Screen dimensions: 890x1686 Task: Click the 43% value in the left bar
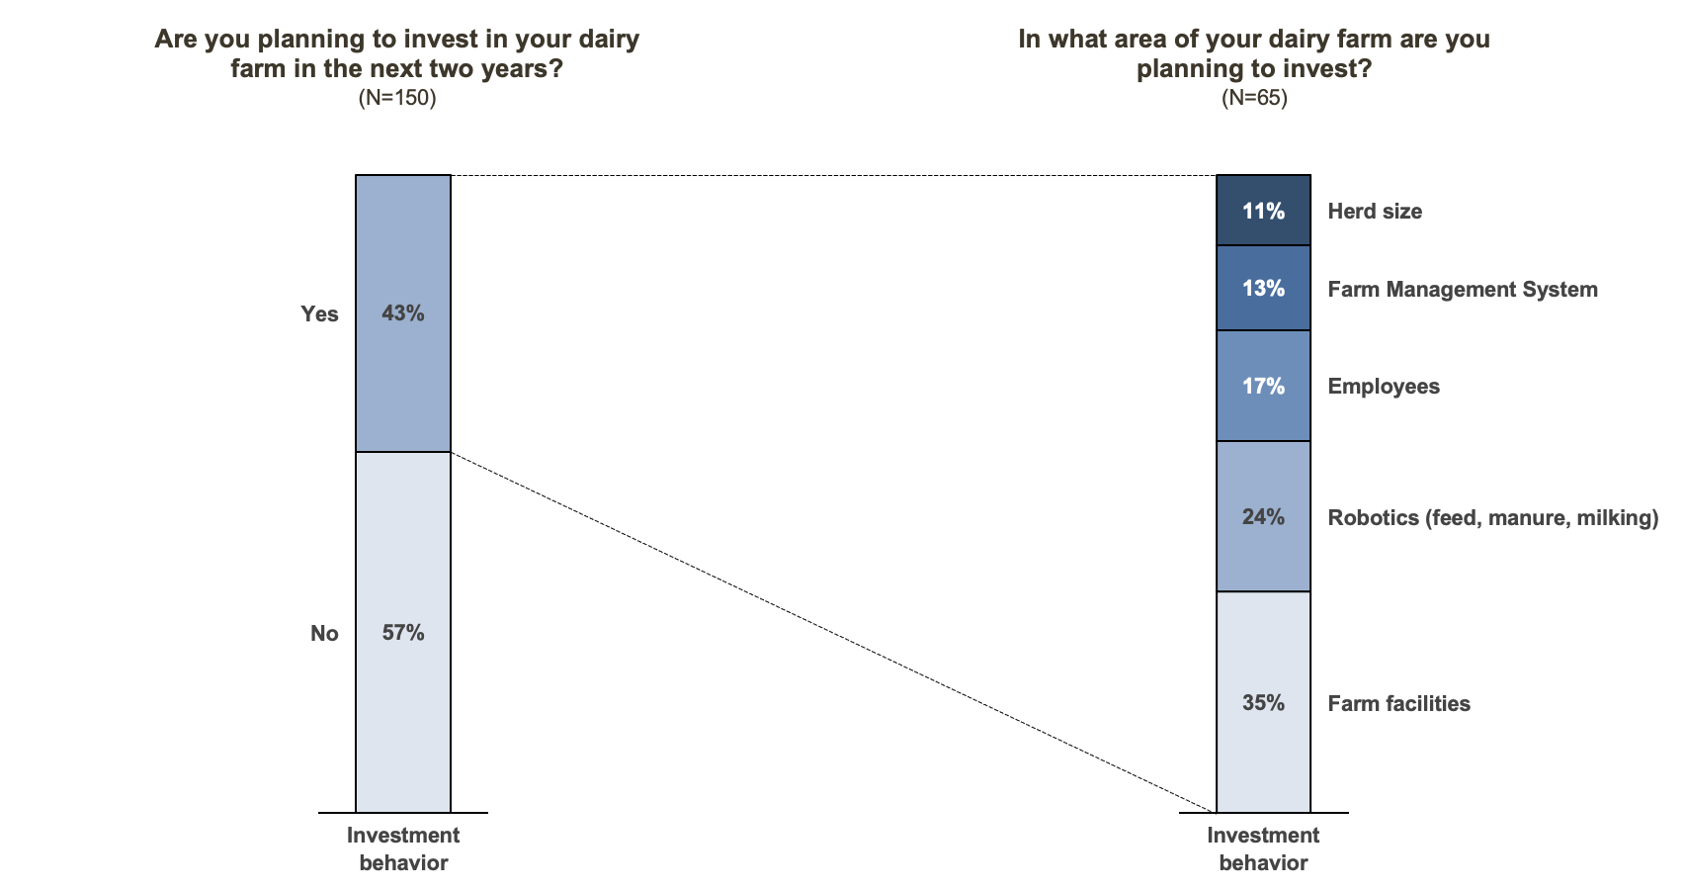pos(403,313)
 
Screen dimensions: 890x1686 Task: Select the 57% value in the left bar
pos(403,633)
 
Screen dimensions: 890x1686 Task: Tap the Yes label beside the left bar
pos(319,314)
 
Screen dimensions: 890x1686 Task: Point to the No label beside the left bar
pos(324,634)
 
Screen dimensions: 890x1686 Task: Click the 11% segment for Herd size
pos(1263,211)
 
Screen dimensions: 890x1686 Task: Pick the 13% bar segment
pos(1263,288)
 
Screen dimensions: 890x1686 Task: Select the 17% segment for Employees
pos(1263,386)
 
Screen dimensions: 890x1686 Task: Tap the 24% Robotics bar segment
pos(1263,516)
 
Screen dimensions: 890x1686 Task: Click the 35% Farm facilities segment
pos(1263,702)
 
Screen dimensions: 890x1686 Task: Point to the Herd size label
pos(1375,212)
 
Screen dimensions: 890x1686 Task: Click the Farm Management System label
pos(1462,290)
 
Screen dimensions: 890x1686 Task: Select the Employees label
pos(1383,387)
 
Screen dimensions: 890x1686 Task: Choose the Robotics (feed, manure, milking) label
pos(1492,518)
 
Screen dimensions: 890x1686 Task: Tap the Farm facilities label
pos(1398,704)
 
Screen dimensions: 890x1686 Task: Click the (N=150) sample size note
pos(397,98)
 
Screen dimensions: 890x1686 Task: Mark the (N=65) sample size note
pos(1254,98)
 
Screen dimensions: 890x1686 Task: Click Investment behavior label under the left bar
pos(403,848)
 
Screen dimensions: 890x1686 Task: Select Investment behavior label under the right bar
pos(1263,848)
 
